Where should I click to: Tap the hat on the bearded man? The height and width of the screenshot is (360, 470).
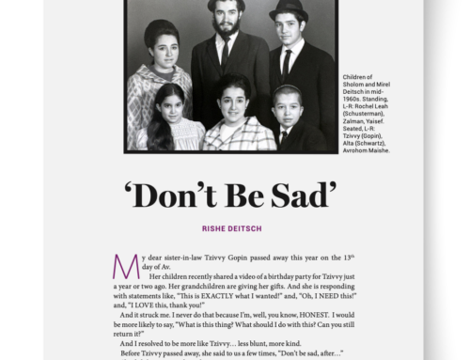(x=226, y=5)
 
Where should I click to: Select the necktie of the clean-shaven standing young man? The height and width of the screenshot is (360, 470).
(x=285, y=61)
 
